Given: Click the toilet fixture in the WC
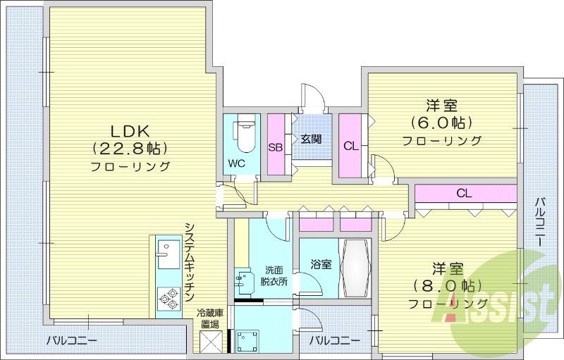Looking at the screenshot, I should click(x=244, y=134).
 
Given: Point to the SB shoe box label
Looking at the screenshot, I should click(x=276, y=147).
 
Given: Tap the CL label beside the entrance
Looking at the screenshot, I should click(x=349, y=147).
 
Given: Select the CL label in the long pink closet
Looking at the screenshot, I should click(x=463, y=193).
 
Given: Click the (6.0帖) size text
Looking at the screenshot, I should click(x=442, y=123).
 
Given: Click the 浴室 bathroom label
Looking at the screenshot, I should click(x=321, y=265).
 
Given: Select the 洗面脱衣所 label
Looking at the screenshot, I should click(x=275, y=275).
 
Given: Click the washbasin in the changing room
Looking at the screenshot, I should click(x=245, y=283).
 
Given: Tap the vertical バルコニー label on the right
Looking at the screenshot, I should click(x=540, y=222).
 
